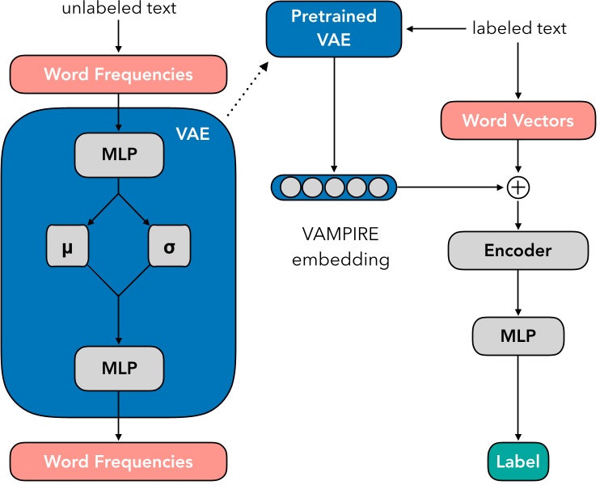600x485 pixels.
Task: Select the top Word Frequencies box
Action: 118,74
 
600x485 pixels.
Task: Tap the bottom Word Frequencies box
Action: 118,462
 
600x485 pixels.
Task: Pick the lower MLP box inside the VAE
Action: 119,366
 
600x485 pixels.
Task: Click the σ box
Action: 169,247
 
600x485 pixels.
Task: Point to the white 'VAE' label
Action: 192,133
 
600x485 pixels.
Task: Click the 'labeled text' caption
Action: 518,28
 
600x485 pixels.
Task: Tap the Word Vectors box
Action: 518,120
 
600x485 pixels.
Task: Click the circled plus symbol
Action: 518,188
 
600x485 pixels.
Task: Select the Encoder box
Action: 518,250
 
